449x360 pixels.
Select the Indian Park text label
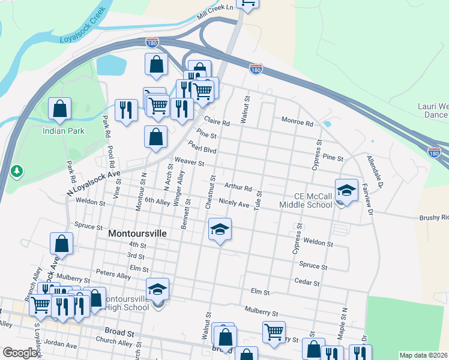coord(63,130)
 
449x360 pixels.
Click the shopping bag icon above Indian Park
coord(59,109)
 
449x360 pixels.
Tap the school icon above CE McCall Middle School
coord(346,190)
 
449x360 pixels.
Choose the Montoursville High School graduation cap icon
coord(158,290)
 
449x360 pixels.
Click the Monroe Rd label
coord(298,123)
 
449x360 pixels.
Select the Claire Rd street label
coord(217,121)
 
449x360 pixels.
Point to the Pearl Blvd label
coord(201,147)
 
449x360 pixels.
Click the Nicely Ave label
coord(234,205)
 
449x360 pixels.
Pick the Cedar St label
coord(307,281)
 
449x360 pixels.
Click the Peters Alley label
coord(117,275)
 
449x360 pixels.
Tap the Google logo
coord(20,353)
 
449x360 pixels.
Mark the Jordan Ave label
coord(61,346)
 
